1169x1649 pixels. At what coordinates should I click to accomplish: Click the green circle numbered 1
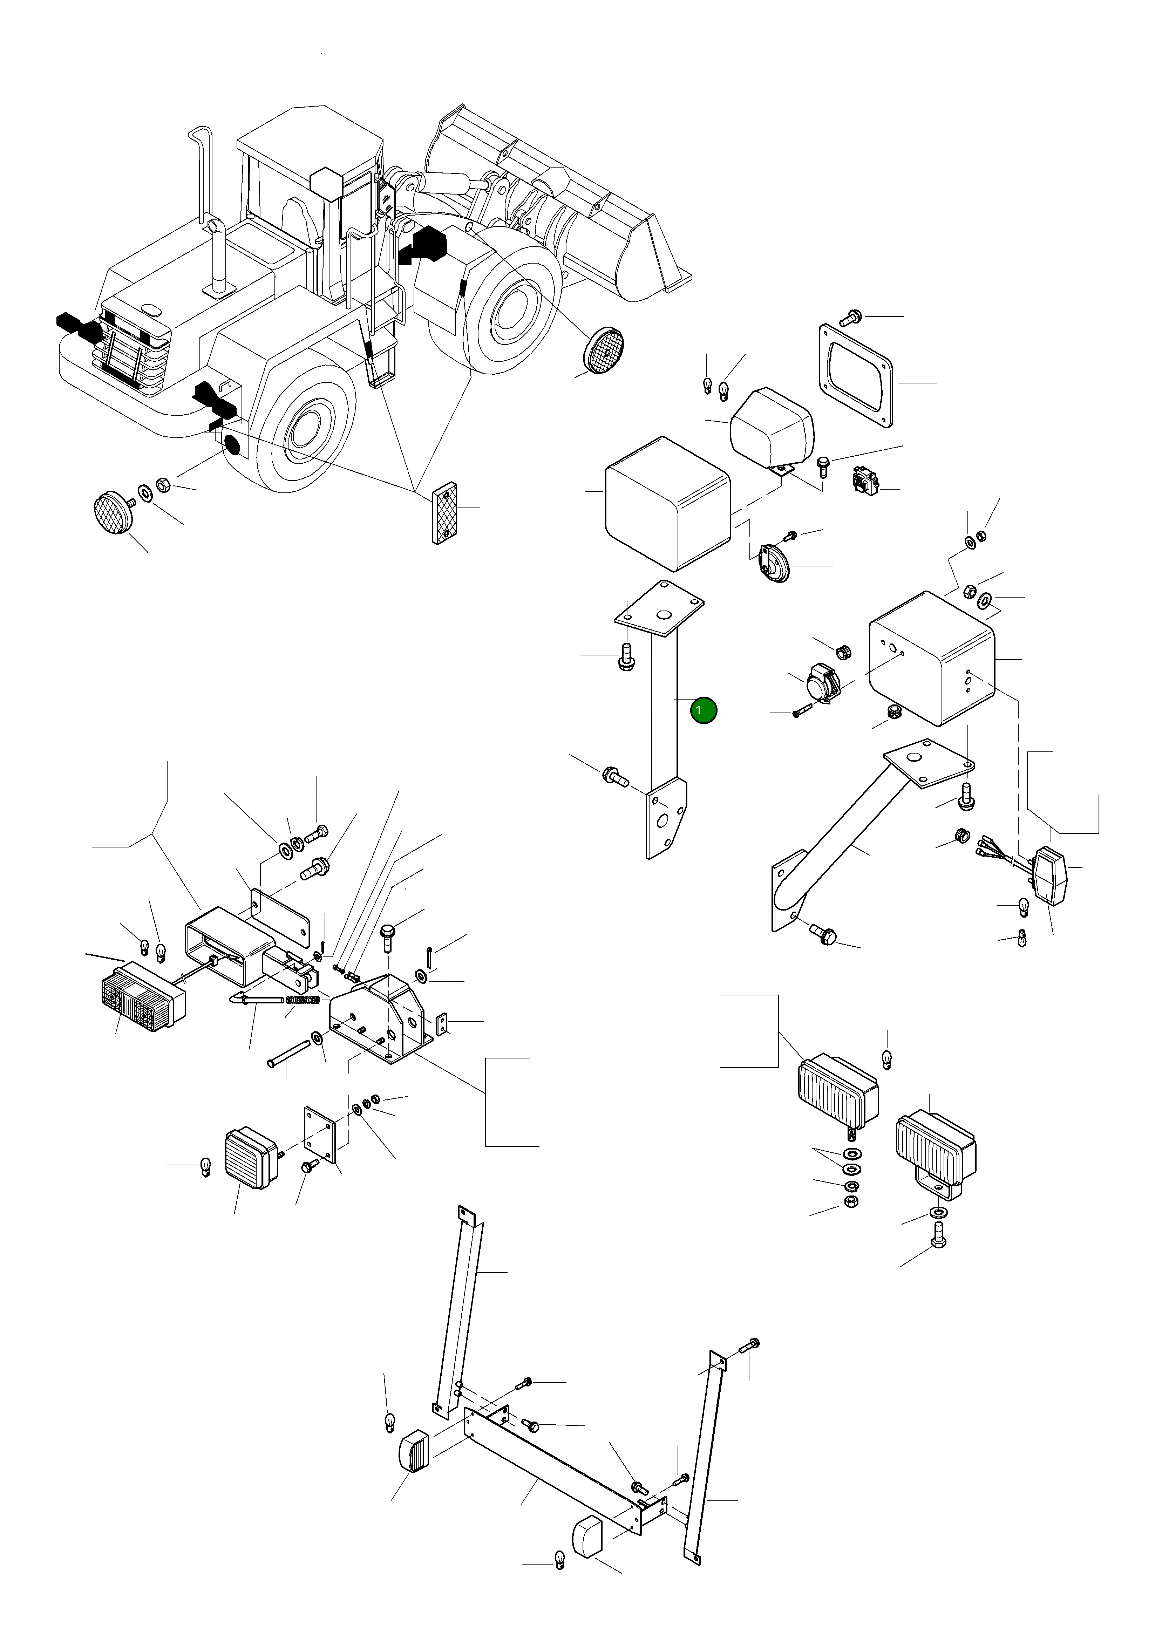[703, 710]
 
